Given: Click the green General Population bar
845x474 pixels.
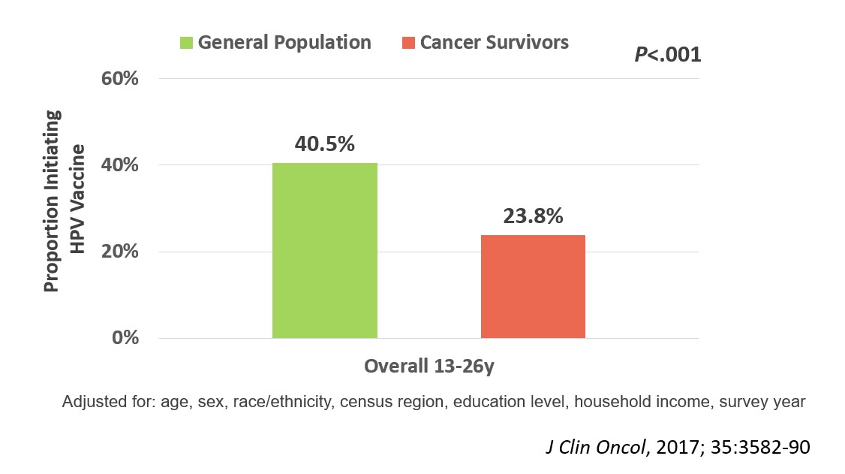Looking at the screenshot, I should (324, 250).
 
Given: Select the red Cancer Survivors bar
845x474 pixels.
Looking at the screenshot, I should (532, 286).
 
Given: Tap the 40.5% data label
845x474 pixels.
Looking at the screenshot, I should (324, 144).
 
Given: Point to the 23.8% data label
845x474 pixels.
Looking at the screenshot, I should (532, 216).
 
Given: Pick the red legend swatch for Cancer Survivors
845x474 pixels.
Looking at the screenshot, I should (407, 43).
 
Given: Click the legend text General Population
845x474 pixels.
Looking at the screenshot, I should (284, 42).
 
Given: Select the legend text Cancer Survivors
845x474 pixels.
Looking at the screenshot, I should (494, 42).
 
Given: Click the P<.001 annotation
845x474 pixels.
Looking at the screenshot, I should (667, 55).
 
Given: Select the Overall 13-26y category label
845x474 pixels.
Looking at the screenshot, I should (429, 367).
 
